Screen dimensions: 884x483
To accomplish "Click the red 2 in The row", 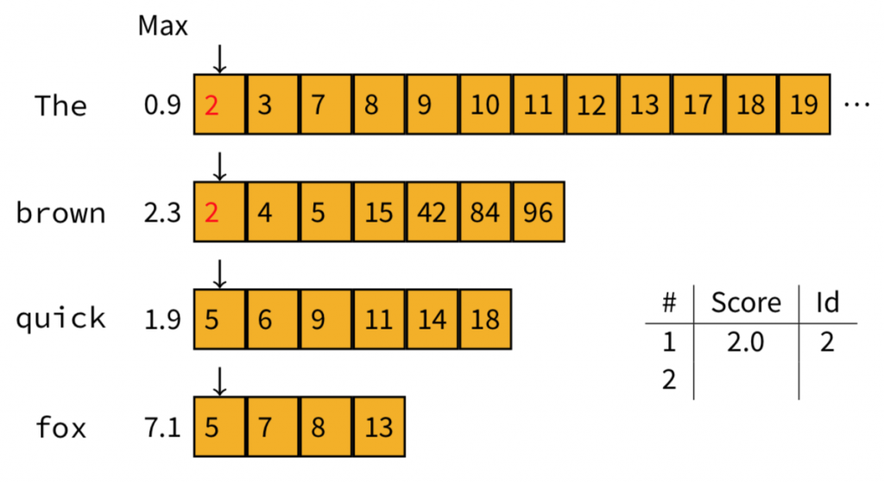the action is tap(212, 105).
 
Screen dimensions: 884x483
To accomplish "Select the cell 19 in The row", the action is tap(804, 105).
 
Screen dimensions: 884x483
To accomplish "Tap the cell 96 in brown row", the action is tap(538, 212).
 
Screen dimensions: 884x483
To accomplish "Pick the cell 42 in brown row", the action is tap(432, 212).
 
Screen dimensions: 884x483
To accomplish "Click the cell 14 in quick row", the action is tap(432, 319).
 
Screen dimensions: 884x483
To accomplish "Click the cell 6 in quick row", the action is tap(265, 319).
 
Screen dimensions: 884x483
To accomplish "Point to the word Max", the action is tap(162, 27).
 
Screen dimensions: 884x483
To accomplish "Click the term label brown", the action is tap(60, 212).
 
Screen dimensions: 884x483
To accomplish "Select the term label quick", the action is tap(60, 319).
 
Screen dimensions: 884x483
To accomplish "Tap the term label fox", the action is tap(60, 426).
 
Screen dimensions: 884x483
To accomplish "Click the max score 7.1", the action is tap(162, 426).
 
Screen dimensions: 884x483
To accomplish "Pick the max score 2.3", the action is tap(162, 212).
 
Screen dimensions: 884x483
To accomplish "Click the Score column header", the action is tap(746, 302).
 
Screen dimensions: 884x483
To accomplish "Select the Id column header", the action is tap(827, 302).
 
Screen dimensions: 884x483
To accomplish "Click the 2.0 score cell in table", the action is tap(746, 342).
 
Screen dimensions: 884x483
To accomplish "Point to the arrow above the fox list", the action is tap(219, 379).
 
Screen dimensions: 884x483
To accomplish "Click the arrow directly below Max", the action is tap(219, 59).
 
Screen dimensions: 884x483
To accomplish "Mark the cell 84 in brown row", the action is tap(485, 212).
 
